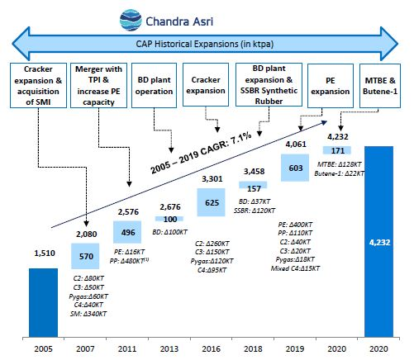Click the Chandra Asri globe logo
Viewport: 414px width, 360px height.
(x=131, y=20)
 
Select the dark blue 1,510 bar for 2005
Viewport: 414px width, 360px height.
(x=43, y=302)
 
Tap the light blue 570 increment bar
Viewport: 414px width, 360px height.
(x=85, y=256)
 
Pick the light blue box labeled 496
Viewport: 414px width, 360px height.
(x=127, y=232)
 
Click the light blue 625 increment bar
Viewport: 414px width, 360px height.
(x=211, y=202)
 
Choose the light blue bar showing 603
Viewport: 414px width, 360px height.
(x=295, y=168)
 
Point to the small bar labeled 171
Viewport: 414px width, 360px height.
(x=337, y=150)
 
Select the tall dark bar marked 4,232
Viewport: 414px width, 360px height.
(x=378, y=241)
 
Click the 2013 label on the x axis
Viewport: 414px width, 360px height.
(x=169, y=348)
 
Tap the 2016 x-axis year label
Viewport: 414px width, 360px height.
(x=212, y=348)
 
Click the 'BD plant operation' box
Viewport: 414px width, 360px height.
(x=154, y=85)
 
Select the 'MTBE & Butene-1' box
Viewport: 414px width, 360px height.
(x=380, y=86)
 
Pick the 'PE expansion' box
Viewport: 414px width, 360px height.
(x=331, y=86)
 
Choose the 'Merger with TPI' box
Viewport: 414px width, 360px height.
(x=98, y=85)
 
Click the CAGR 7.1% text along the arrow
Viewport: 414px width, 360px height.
(x=201, y=153)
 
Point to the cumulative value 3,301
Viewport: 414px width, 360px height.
(x=212, y=179)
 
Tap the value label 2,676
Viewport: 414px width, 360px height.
(x=170, y=206)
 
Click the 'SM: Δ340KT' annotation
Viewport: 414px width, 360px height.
(x=88, y=314)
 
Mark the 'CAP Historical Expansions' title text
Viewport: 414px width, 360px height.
(x=205, y=44)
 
